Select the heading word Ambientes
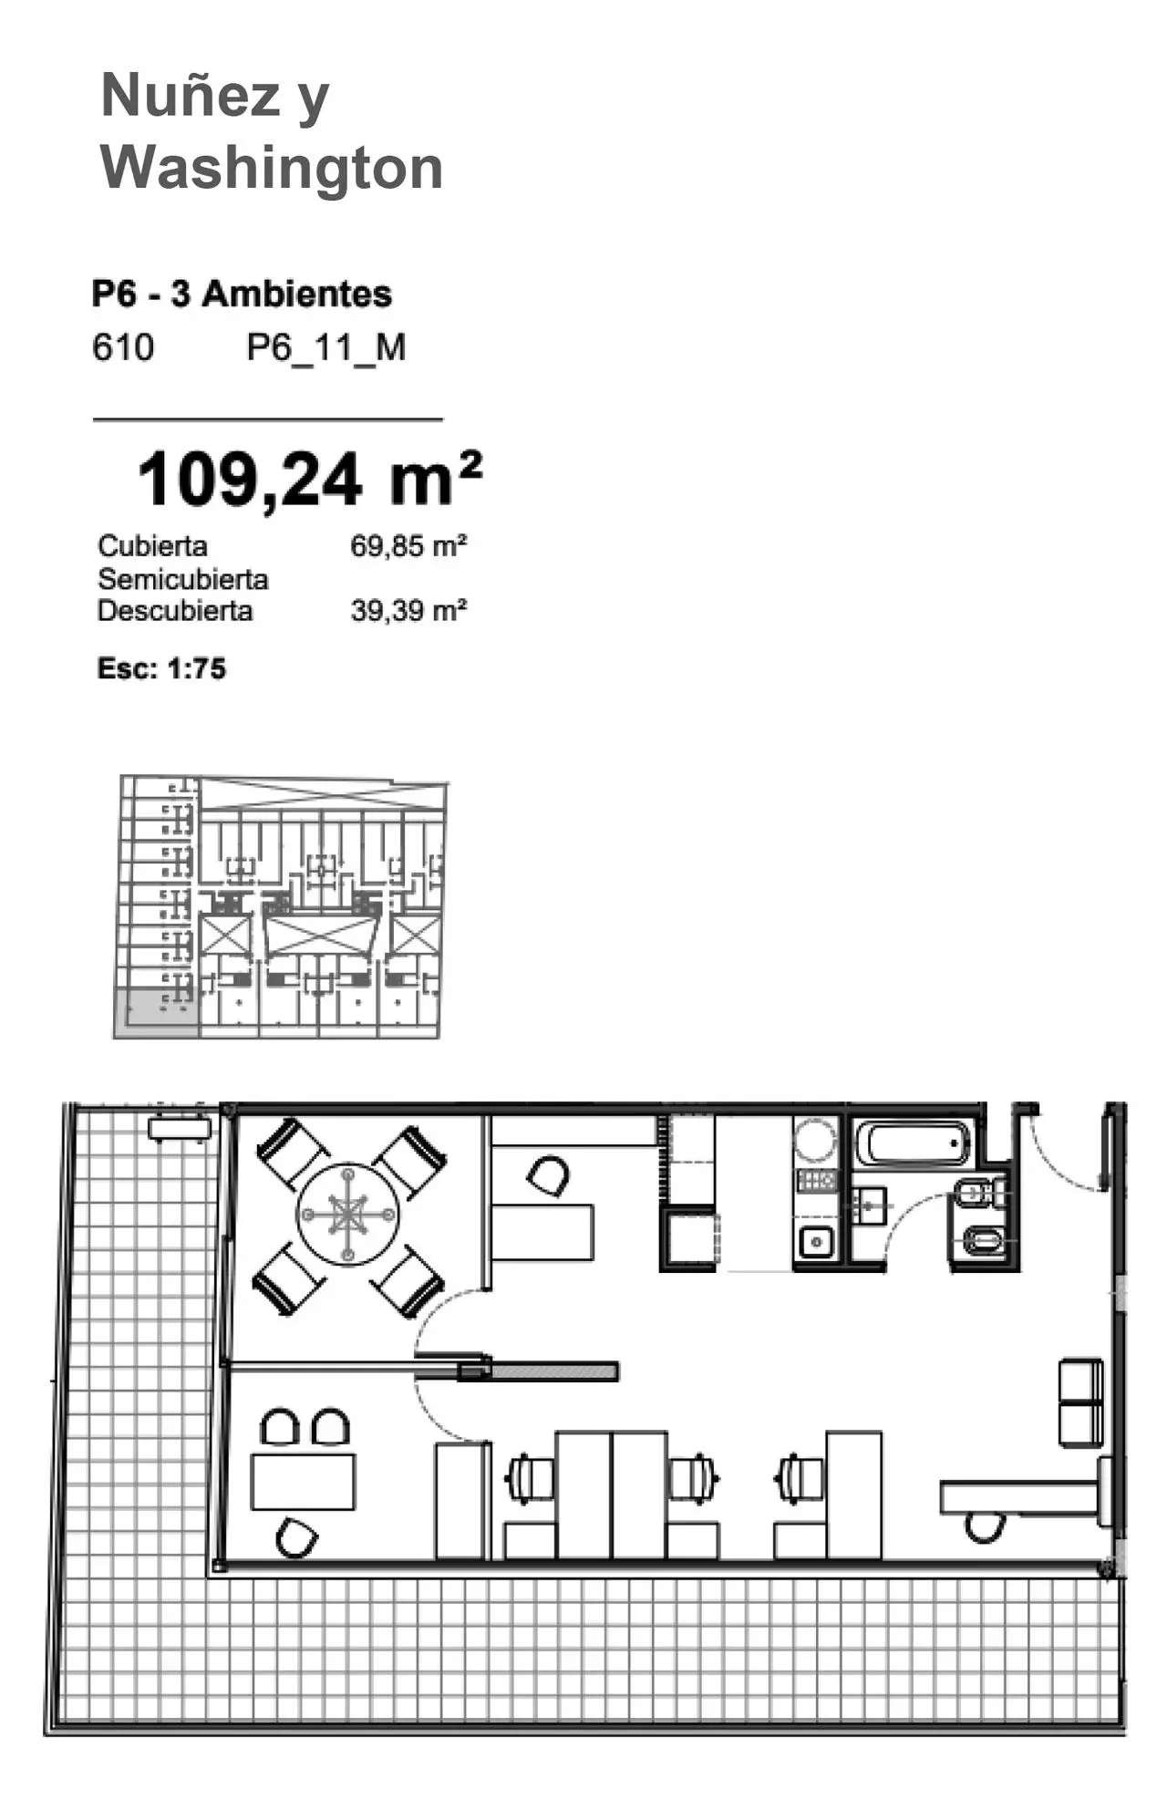coord(297,294)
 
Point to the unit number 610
coord(123,347)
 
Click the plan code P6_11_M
coord(326,348)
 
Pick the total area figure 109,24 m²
coord(309,478)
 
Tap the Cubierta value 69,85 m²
coord(408,546)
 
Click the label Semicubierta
coord(183,579)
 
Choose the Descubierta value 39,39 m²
coord(408,610)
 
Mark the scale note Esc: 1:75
coord(161,668)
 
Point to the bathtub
coord(913,1143)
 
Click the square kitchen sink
coord(816,1241)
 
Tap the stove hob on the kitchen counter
coord(816,1181)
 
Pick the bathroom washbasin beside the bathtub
coord(870,1205)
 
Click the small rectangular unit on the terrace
coord(180,1129)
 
